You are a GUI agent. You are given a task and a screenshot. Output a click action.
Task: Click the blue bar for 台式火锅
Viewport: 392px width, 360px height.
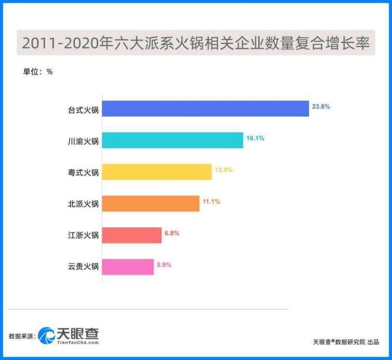205,109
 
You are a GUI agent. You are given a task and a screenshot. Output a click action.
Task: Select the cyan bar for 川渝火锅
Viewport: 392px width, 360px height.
172,141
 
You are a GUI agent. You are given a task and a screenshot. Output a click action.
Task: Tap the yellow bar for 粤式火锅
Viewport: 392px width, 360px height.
157,172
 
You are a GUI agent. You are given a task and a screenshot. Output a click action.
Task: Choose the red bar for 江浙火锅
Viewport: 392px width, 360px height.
132,235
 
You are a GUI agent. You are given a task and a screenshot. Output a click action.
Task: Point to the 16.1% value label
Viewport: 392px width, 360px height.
255,139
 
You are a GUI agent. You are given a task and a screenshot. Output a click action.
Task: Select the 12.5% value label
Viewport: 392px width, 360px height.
223,170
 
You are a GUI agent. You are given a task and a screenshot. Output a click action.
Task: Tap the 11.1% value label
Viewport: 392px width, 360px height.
211,201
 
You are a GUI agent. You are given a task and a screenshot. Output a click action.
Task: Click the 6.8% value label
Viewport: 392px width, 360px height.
171,233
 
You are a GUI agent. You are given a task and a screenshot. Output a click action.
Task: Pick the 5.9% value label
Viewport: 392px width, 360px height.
164,264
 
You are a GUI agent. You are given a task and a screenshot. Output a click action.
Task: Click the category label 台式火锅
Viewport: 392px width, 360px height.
83,110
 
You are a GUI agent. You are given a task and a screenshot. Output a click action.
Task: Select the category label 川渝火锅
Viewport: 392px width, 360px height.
83,141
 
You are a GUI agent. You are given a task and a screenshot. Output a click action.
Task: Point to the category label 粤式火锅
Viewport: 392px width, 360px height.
83,172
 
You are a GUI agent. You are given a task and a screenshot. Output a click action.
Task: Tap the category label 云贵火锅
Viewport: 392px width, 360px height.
83,267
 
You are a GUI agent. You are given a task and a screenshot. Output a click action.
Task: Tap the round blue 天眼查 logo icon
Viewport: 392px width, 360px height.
48,335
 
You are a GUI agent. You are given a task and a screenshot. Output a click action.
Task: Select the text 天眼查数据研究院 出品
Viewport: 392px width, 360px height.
346,342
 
